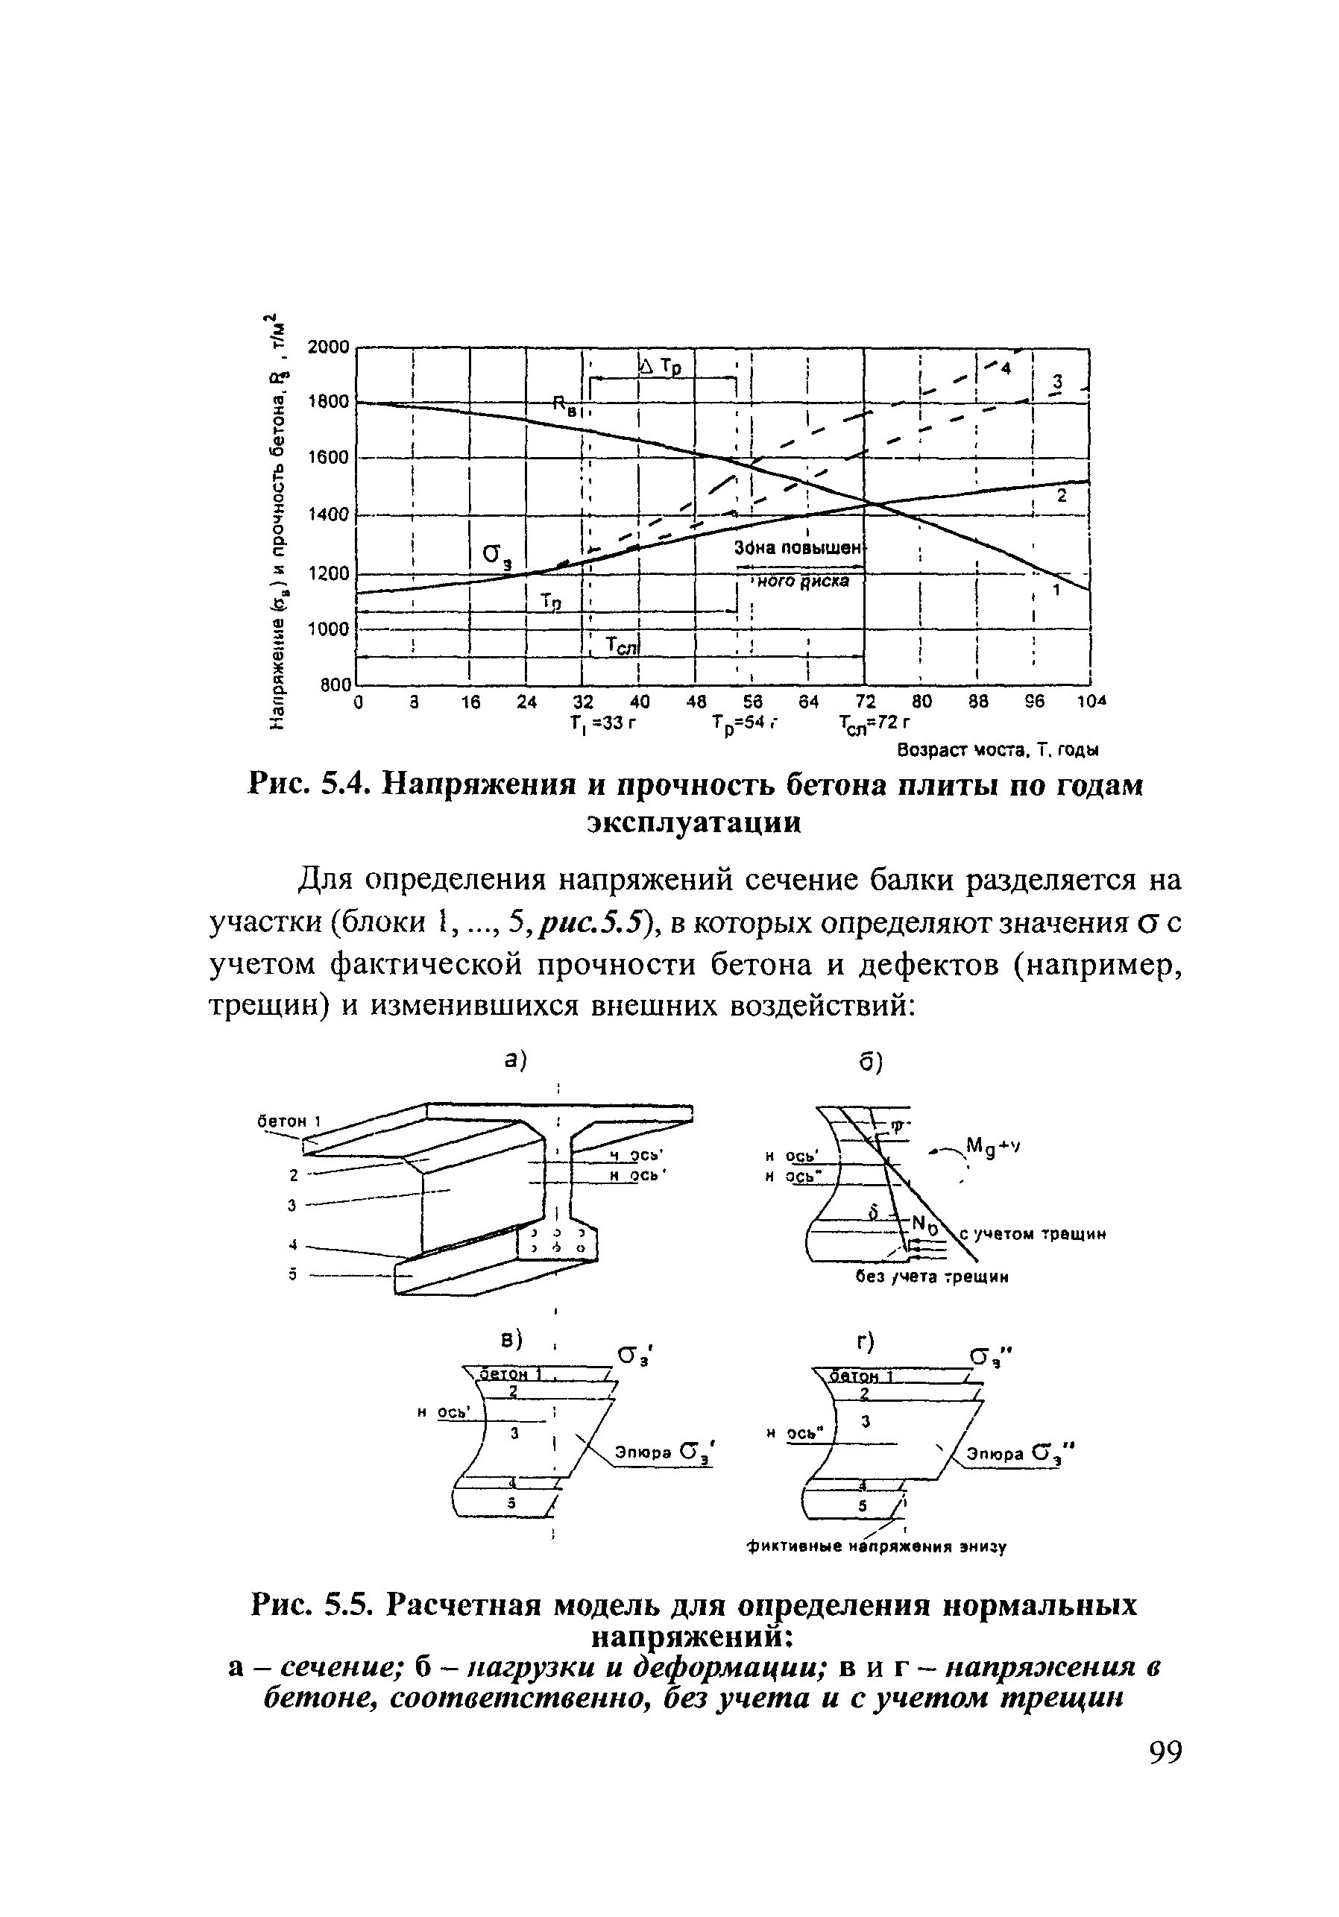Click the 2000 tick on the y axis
pos(327,347)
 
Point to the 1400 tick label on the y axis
pos(327,514)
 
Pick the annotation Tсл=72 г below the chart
pos(874,723)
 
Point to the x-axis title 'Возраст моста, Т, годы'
pos(998,751)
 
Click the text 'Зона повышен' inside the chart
pos(797,548)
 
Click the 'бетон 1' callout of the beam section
pos(289,1121)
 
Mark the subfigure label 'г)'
pos(865,1343)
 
